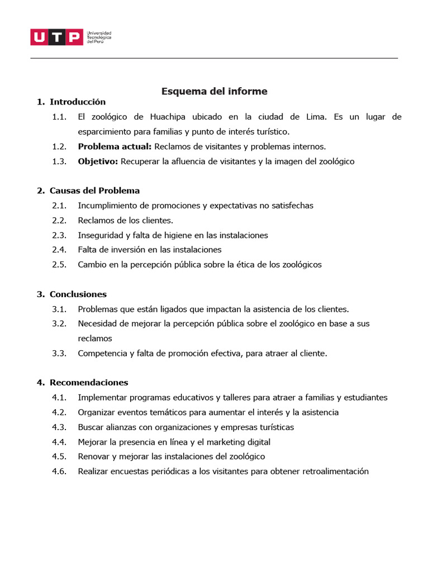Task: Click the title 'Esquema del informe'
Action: tap(214, 91)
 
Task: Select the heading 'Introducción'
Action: tap(78, 102)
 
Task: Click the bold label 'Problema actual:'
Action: tap(115, 146)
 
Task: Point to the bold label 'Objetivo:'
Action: tap(98, 161)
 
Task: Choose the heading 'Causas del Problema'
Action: tap(94, 190)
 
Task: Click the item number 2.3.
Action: tap(59, 235)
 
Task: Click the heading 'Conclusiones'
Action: tap(78, 294)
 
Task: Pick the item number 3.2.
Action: tap(59, 323)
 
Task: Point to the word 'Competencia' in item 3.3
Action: tap(102, 353)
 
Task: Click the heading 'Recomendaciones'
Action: tap(89, 383)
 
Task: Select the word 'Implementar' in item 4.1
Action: tap(101, 398)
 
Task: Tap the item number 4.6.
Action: tap(59, 471)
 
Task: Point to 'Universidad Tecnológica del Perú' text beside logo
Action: tap(99, 37)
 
